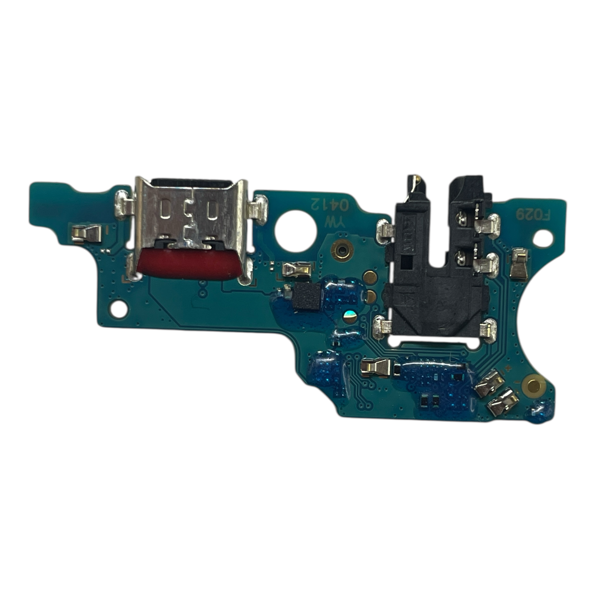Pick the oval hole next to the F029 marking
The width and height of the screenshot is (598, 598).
(x=543, y=239)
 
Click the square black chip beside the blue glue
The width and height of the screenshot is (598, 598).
(x=306, y=298)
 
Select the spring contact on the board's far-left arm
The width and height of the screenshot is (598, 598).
(x=87, y=234)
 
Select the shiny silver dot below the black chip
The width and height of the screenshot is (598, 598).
(x=349, y=317)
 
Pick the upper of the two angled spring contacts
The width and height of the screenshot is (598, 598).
(x=489, y=383)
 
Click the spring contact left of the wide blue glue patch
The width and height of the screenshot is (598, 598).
(x=377, y=367)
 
